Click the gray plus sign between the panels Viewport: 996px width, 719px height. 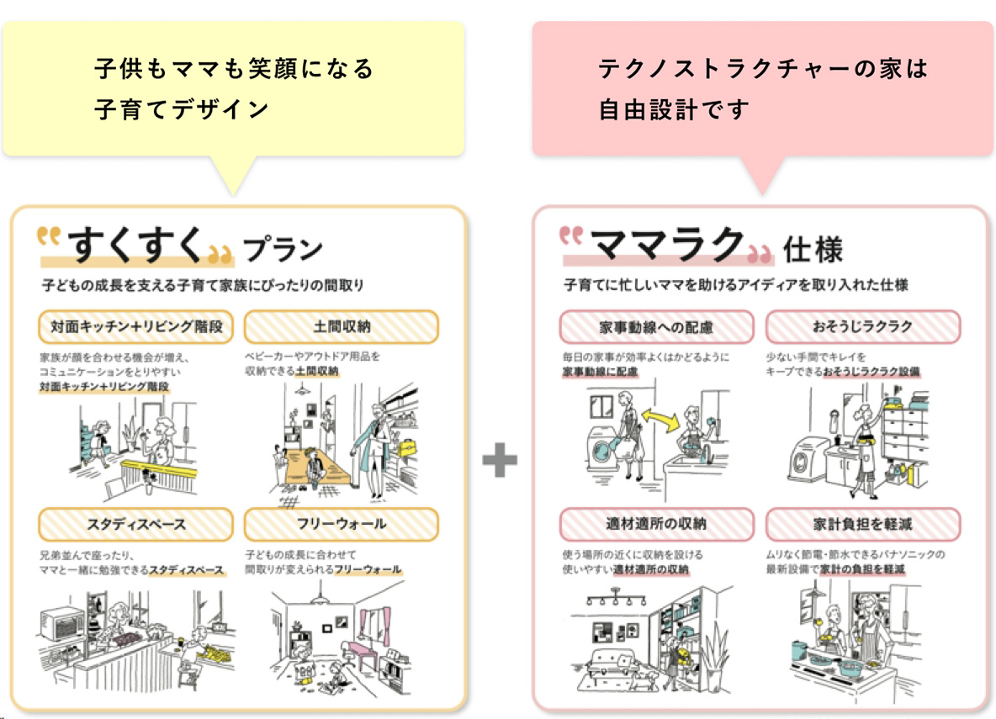coord(500,461)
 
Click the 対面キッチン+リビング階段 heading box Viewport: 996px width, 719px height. coord(136,326)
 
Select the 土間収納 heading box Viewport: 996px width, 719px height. coord(342,326)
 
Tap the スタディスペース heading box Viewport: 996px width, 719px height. coord(136,524)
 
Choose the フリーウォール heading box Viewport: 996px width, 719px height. coord(342,524)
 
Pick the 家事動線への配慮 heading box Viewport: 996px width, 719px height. coord(656,326)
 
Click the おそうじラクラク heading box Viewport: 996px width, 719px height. coord(863,326)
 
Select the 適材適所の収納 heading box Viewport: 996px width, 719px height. coord(656,524)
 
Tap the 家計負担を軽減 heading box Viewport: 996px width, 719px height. coord(863,524)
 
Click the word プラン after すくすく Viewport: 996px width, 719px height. coord(283,250)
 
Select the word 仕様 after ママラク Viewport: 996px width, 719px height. coord(812,250)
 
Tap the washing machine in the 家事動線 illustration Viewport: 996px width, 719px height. coord(602,441)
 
